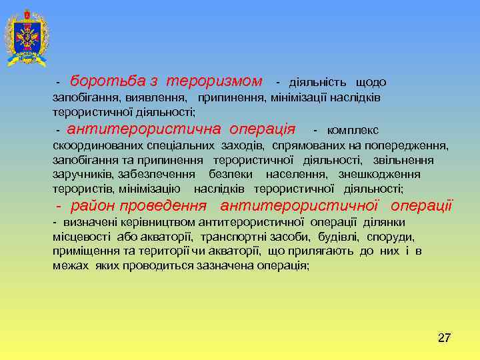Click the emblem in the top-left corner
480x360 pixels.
(x=26, y=38)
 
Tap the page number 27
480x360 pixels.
(x=444, y=338)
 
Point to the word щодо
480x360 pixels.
(x=371, y=82)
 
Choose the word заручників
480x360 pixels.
(x=84, y=174)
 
